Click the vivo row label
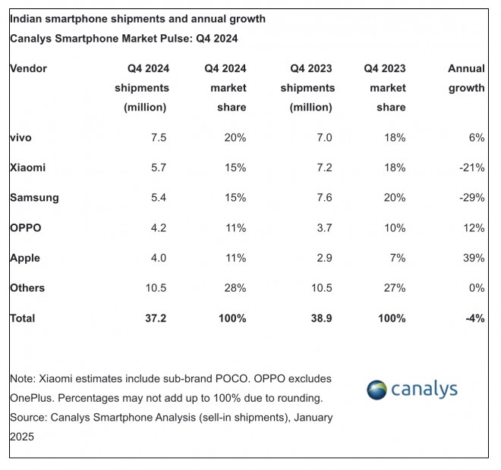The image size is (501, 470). pyautogui.click(x=21, y=137)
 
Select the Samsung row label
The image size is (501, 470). pyautogui.click(x=34, y=197)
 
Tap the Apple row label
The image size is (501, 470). pyautogui.click(x=25, y=258)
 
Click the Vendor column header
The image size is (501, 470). pyautogui.click(x=28, y=68)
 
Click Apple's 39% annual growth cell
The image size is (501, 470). pyautogui.click(x=474, y=258)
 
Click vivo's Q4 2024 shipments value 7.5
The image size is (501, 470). pyautogui.click(x=158, y=137)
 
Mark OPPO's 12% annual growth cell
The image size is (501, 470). pyautogui.click(x=474, y=227)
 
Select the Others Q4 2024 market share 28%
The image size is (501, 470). pyautogui.click(x=235, y=288)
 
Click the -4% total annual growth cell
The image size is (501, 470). pyautogui.click(x=474, y=318)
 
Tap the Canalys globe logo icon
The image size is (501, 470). pyautogui.click(x=377, y=390)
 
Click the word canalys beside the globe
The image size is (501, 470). pyautogui.click(x=425, y=390)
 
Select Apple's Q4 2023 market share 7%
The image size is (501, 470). pyautogui.click(x=397, y=258)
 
